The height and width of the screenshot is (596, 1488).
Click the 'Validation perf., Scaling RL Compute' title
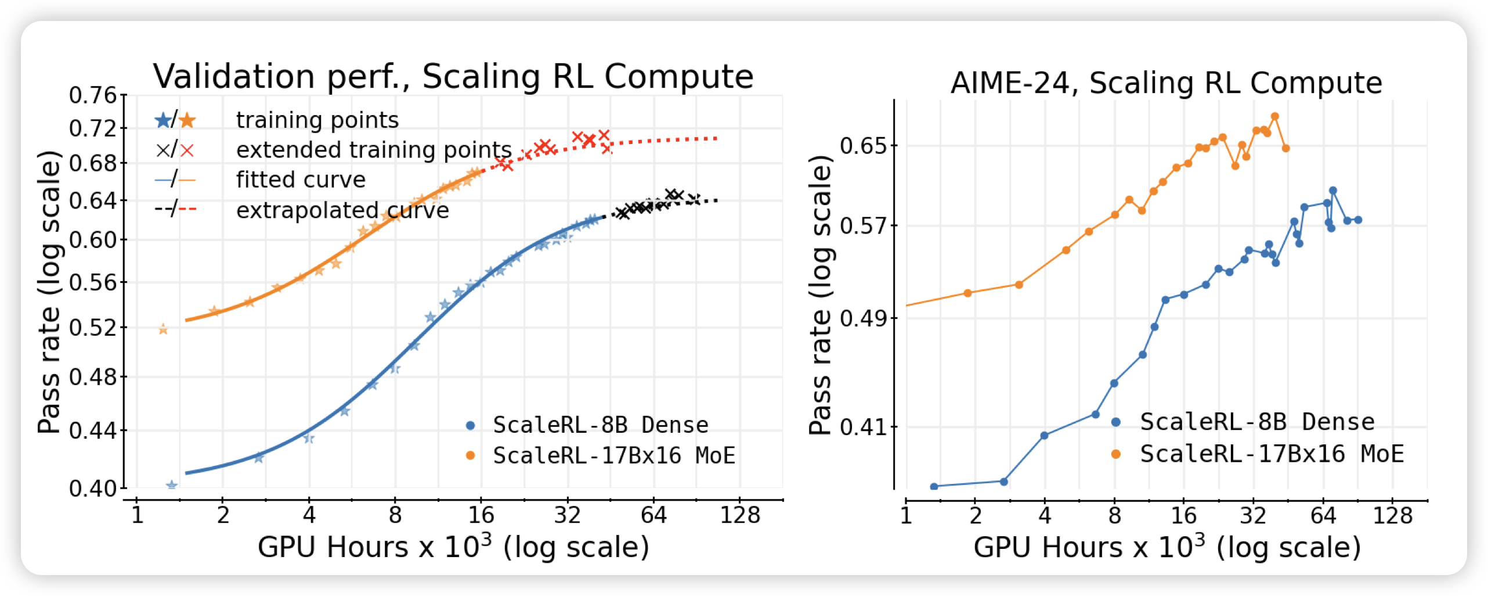click(453, 76)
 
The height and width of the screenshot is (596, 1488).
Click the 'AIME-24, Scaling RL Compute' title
click(1166, 82)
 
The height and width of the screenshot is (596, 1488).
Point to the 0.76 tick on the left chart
click(93, 95)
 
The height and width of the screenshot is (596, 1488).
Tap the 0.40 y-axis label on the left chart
click(93, 489)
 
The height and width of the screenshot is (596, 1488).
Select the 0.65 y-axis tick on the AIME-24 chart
click(864, 145)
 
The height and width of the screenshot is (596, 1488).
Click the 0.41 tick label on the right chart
click(864, 427)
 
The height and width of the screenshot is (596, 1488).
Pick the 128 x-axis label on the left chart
click(739, 515)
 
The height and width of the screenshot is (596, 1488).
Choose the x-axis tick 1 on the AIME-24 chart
click(906, 515)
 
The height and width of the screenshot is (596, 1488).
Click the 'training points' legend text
click(317, 120)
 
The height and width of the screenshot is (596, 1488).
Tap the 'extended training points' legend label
click(374, 150)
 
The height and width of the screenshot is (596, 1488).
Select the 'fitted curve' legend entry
click(301, 179)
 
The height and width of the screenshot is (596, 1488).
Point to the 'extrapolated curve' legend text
click(342, 210)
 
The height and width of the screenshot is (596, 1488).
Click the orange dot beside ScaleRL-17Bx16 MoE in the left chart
click(470, 455)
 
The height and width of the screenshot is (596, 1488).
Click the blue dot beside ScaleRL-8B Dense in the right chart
click(1115, 422)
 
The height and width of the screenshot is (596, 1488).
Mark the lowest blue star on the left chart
click(171, 485)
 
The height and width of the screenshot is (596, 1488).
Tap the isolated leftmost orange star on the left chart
click(163, 329)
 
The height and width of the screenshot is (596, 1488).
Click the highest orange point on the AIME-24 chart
click(1275, 116)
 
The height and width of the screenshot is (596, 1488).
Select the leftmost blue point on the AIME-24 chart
click(934, 486)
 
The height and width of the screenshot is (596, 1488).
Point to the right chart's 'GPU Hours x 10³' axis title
click(1166, 547)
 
